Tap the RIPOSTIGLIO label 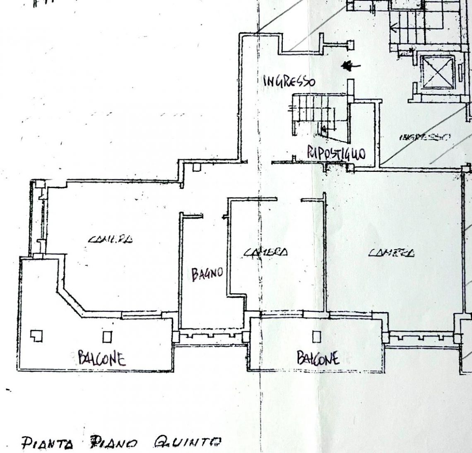click(x=336, y=153)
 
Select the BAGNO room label click(x=207, y=274)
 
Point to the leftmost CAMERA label click(x=111, y=239)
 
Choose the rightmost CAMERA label click(x=391, y=252)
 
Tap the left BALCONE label click(x=102, y=358)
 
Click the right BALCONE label click(x=318, y=357)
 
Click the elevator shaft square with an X click(x=437, y=71)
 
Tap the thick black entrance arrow click(x=350, y=65)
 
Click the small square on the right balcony click(x=316, y=337)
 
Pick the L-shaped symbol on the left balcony click(x=37, y=336)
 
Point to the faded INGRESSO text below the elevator click(x=425, y=137)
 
